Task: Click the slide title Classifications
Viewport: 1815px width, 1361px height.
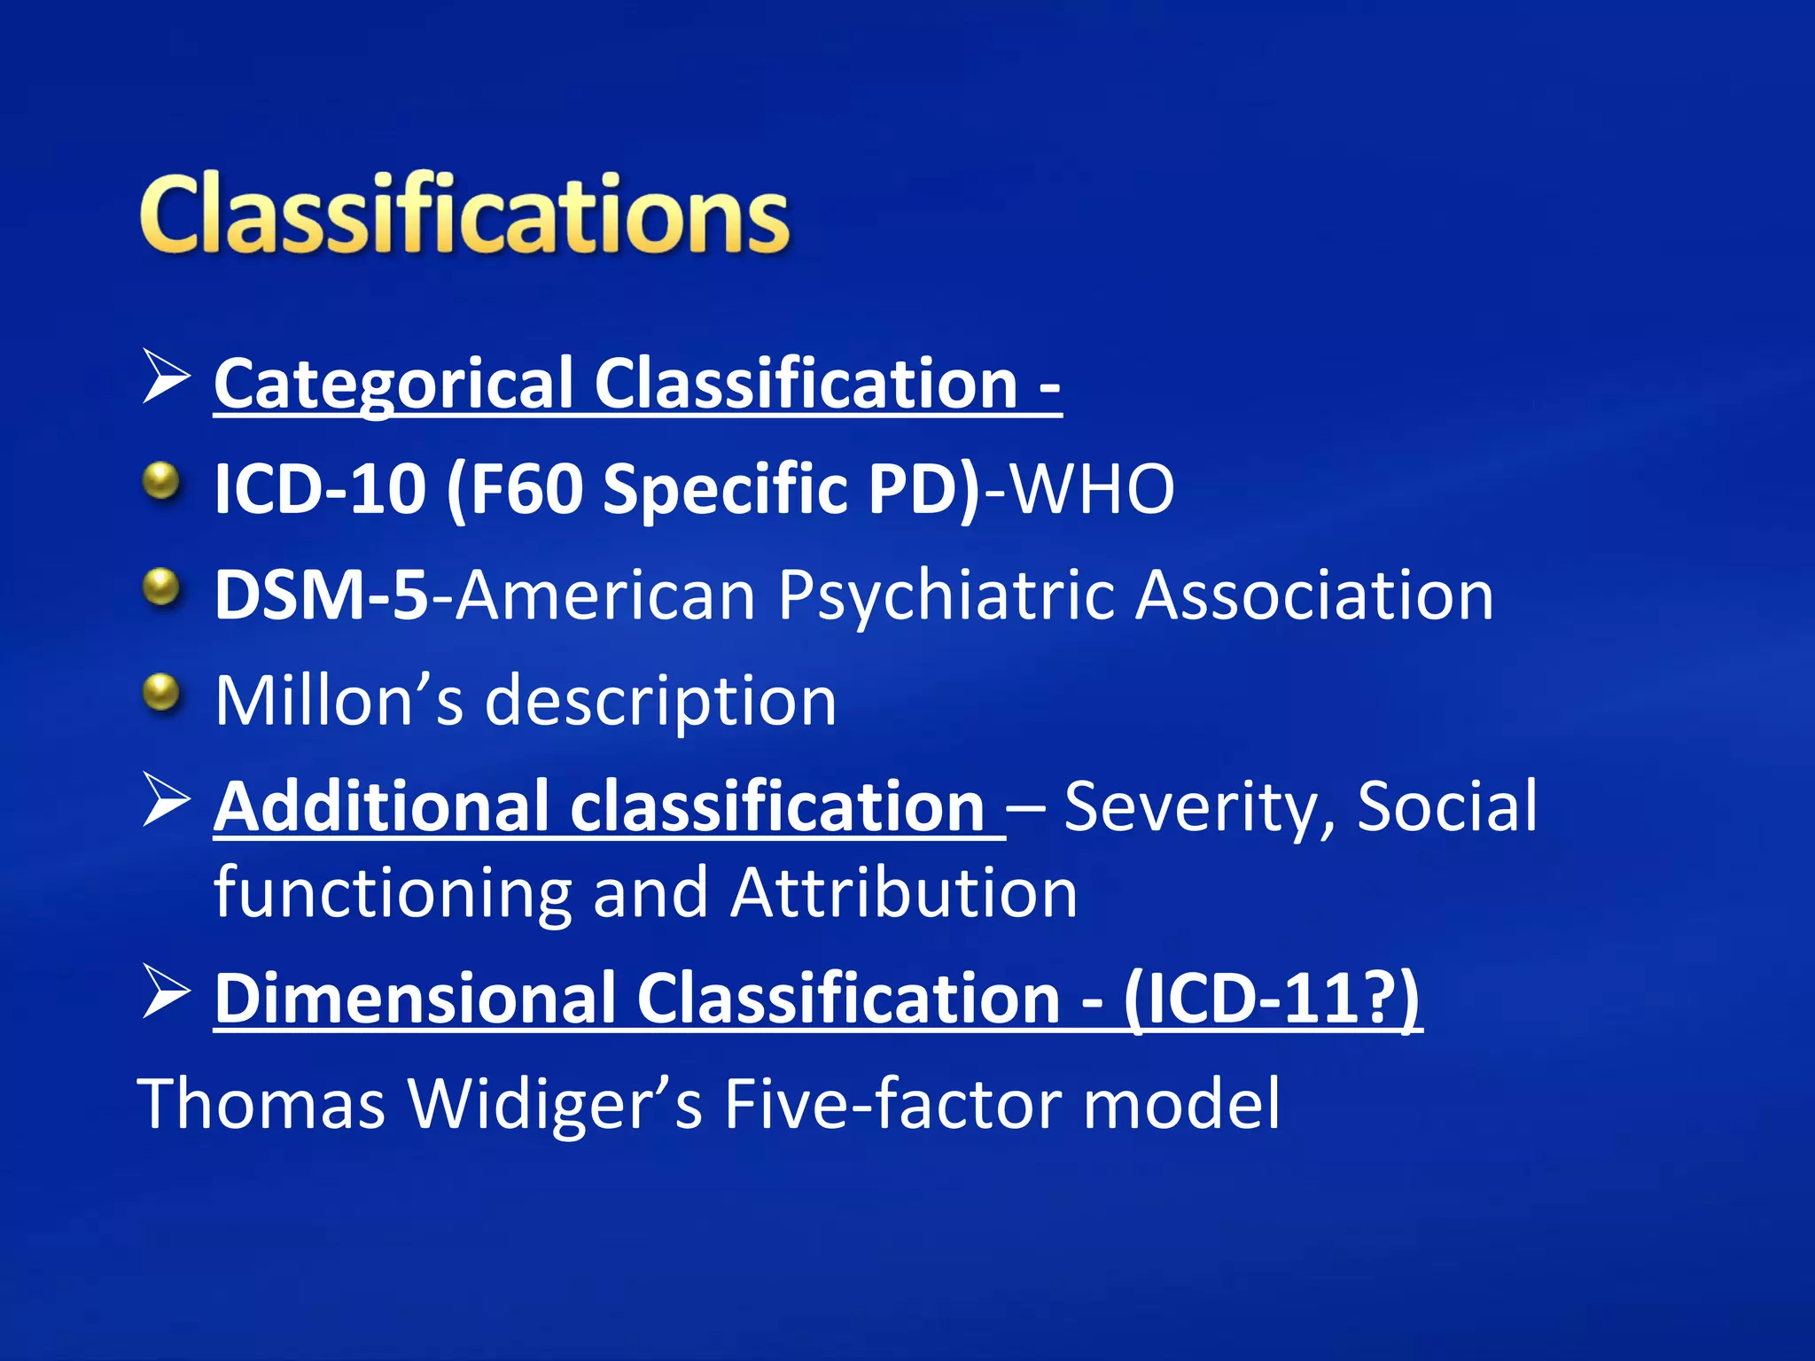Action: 463,215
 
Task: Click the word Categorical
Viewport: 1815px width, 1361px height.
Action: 393,385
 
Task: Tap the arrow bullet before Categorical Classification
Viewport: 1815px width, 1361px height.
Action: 166,377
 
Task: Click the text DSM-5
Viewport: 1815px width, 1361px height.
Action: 321,595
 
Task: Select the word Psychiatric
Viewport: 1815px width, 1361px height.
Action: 946,596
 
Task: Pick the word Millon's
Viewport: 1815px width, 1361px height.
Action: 339,701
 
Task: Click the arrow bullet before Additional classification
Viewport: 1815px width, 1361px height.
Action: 166,799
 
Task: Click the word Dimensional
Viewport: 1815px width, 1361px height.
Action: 416,999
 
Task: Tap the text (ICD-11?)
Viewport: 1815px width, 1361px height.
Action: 1273,999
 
